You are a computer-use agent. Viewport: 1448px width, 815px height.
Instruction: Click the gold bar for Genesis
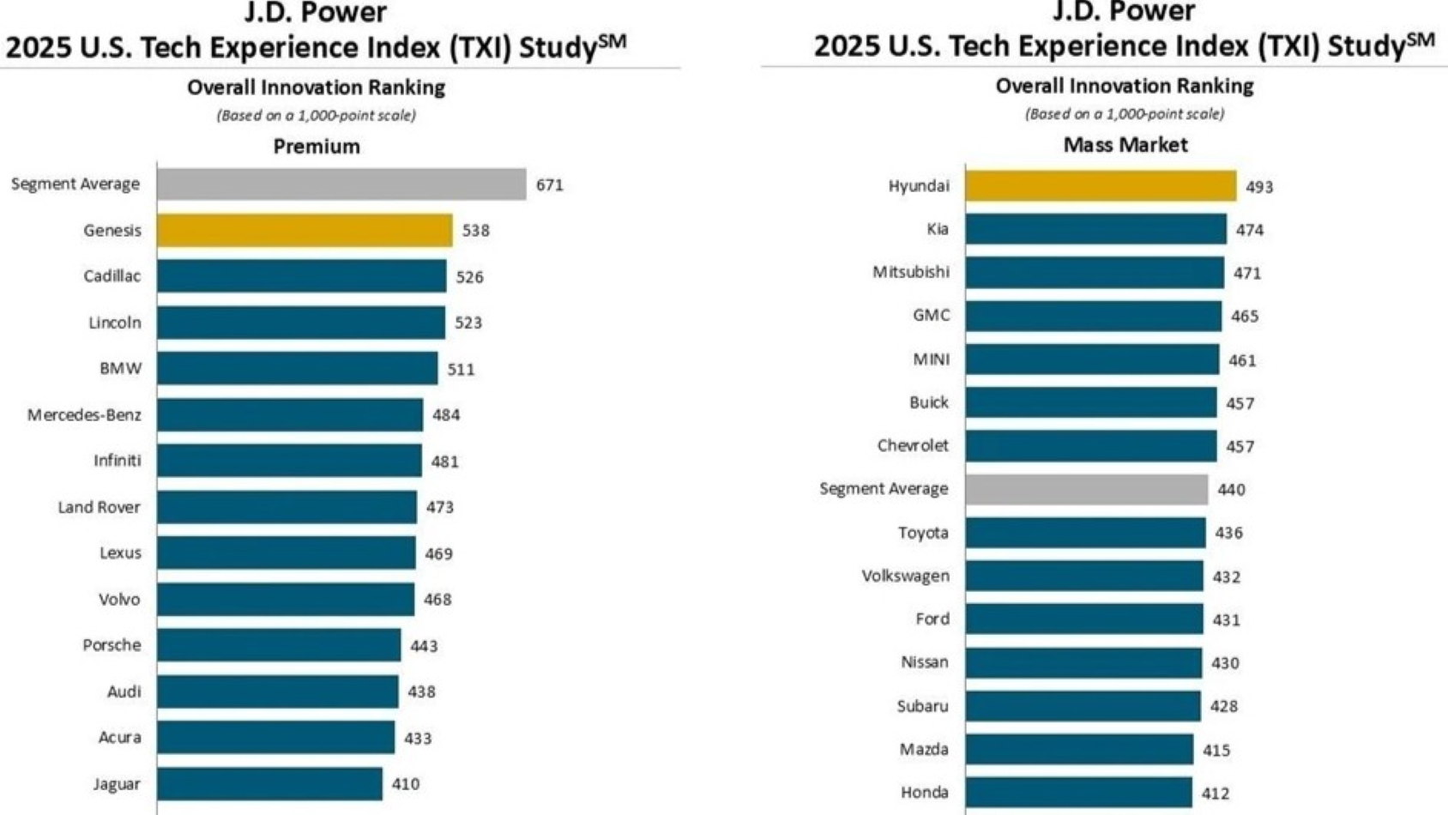point(305,230)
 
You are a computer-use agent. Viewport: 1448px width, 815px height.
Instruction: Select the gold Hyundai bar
point(1101,186)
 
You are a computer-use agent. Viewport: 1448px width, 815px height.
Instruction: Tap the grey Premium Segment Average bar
point(341,184)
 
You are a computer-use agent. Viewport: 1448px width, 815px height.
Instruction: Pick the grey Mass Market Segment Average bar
point(1086,489)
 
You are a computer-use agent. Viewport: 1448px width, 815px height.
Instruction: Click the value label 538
point(476,231)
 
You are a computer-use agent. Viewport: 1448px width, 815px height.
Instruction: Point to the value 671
point(550,185)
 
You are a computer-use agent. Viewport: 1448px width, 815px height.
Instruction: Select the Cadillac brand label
point(112,276)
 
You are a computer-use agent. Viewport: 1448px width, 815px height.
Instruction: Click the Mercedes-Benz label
point(84,415)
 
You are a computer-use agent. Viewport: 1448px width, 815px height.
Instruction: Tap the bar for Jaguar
point(269,784)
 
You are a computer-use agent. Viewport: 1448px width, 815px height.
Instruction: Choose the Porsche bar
point(279,645)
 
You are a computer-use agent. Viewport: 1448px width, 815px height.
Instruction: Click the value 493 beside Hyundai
point(1259,187)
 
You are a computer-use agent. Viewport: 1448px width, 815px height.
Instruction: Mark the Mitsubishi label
point(911,272)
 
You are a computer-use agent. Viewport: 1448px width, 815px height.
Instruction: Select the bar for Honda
point(1078,793)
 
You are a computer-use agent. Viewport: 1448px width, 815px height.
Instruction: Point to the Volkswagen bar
point(1084,576)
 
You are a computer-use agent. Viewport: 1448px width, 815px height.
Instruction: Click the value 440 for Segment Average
point(1231,490)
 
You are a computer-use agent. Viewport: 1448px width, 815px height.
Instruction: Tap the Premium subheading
point(317,147)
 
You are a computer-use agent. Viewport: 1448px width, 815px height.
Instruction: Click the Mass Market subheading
point(1125,145)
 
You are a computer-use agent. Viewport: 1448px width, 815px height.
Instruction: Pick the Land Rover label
point(99,507)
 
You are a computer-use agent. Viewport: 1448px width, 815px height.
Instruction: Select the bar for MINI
point(1092,359)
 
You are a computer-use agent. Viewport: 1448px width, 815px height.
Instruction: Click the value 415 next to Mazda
point(1216,751)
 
